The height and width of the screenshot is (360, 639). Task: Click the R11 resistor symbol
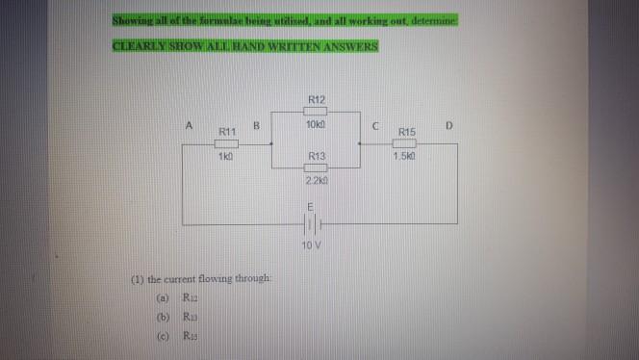tap(226, 142)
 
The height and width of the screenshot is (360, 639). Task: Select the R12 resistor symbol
tap(317, 113)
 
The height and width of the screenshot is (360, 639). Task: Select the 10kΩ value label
tap(317, 126)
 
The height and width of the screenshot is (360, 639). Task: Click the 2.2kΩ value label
tap(317, 181)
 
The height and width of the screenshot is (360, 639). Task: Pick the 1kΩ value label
tap(225, 156)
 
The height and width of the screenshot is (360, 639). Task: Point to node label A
tap(190, 124)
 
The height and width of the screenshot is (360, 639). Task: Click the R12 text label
tap(317, 99)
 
